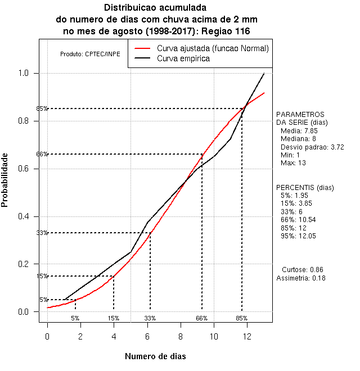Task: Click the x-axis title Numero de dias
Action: coord(155,356)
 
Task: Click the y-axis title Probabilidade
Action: coord(5,179)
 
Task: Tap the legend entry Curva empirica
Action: coord(183,58)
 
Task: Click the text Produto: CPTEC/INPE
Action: coord(90,55)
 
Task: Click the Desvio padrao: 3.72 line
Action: coord(308,147)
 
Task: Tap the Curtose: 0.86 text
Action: coord(302,270)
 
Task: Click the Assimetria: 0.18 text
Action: coord(301,278)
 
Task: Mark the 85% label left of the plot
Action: coord(42,108)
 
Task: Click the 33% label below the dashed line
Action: coord(150,318)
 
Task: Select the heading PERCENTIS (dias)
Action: coord(305,187)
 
